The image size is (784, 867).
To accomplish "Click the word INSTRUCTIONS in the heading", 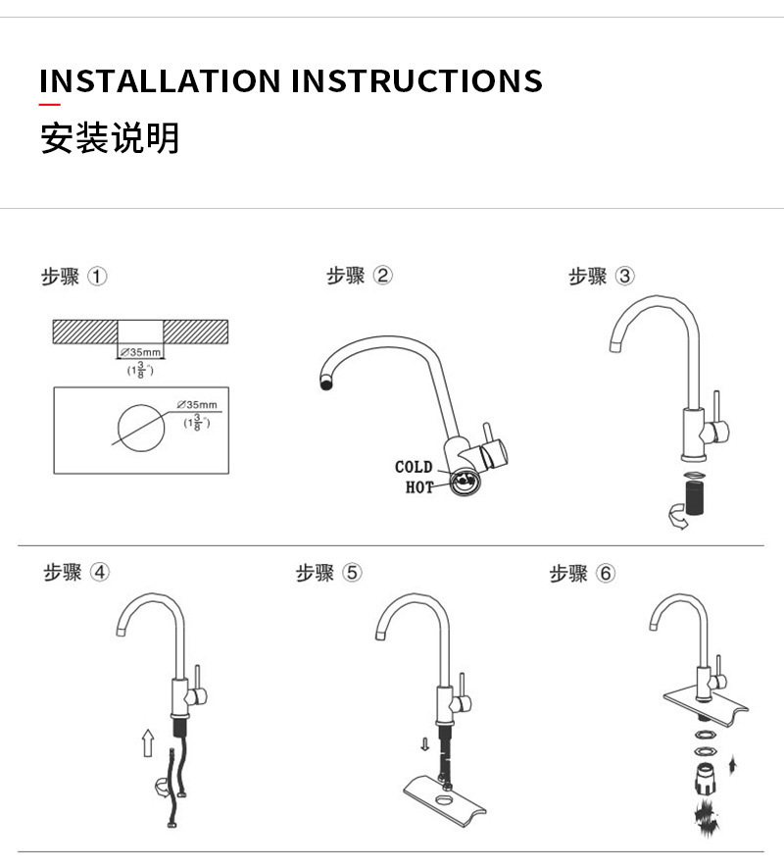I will tap(416, 80).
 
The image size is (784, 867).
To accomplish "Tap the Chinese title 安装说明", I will tap(110, 138).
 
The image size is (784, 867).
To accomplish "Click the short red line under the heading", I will tap(50, 104).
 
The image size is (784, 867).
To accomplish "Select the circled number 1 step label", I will tap(98, 277).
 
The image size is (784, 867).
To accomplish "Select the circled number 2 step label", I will tap(383, 276).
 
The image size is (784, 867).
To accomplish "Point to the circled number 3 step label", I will tap(624, 277).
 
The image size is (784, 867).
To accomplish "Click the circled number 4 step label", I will tap(100, 573).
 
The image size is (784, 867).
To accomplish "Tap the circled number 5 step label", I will tap(353, 573).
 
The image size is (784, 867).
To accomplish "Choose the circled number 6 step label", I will tap(606, 573).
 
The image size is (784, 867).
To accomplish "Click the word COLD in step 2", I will tap(414, 467).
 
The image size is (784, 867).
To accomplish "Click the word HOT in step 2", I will tap(418, 487).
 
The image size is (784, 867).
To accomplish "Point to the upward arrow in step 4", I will tap(148, 741).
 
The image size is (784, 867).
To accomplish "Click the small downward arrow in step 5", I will tap(424, 744).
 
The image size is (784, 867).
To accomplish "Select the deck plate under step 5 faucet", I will tap(442, 795).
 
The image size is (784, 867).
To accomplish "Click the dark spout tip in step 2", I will tap(326, 383).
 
